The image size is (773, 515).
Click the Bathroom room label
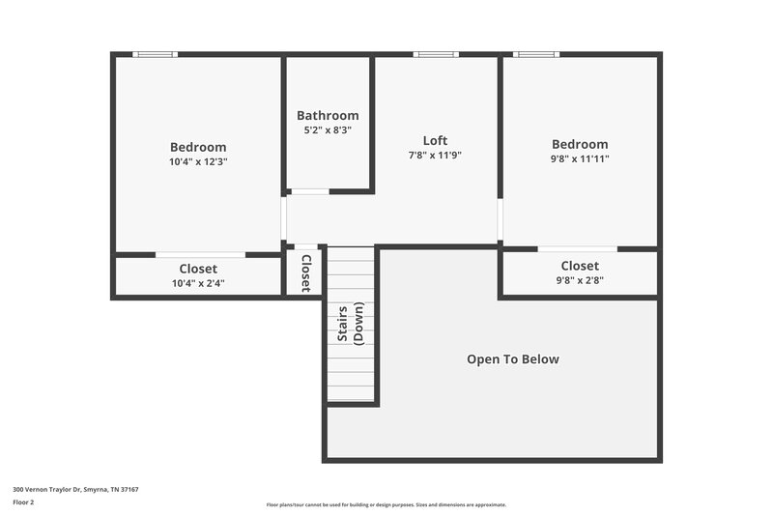[x=328, y=115]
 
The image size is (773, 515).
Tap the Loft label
[x=435, y=140]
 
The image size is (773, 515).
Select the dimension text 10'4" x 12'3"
[x=198, y=162]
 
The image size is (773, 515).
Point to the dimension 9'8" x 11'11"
[x=580, y=158]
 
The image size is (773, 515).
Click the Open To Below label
[x=512, y=359]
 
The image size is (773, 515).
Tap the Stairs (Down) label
[x=350, y=323]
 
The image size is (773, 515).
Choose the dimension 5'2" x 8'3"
[x=328, y=129]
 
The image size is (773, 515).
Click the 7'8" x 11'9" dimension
[x=435, y=155]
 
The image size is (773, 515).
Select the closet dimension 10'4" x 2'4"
[x=198, y=283]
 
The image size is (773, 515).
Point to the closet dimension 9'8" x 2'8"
[x=580, y=280]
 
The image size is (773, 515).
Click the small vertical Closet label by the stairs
[x=305, y=272]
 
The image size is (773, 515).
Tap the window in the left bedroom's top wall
[x=155, y=54]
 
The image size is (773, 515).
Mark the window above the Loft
[x=436, y=54]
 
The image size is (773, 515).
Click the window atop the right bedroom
[x=536, y=54]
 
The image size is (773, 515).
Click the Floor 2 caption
[x=24, y=502]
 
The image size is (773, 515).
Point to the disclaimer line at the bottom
[x=386, y=504]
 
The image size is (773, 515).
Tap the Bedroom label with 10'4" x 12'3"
[x=198, y=147]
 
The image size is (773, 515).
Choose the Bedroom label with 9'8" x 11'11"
[x=580, y=144]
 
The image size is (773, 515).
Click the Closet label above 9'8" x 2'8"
[x=580, y=266]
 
